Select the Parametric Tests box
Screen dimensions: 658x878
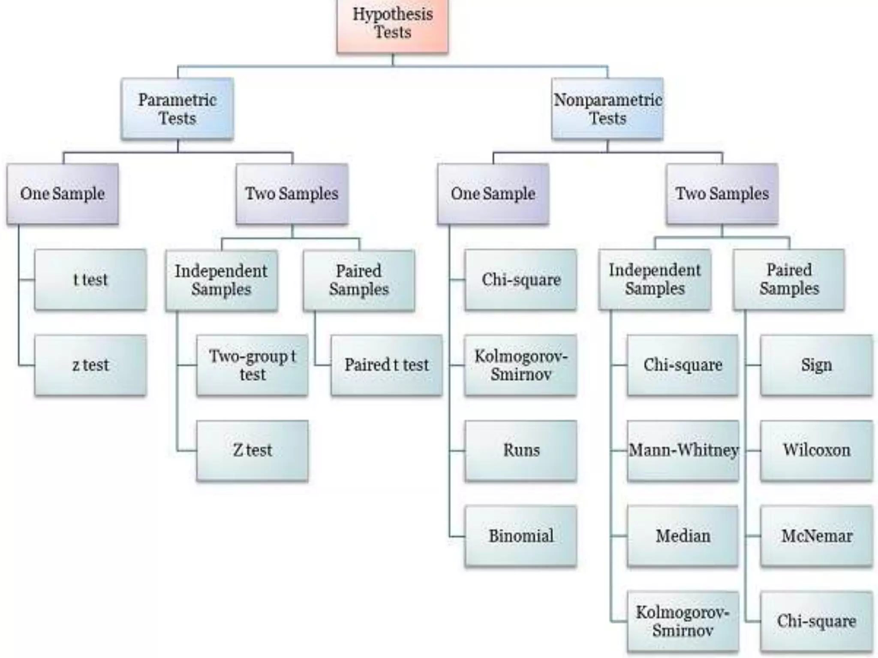tap(177, 109)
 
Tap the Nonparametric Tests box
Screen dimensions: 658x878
tap(607, 109)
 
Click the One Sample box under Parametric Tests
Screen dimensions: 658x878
tap(63, 194)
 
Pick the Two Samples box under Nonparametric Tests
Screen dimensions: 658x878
tap(722, 194)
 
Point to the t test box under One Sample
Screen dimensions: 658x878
tap(90, 280)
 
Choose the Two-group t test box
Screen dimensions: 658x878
tap(252, 365)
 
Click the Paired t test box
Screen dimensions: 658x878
tap(386, 365)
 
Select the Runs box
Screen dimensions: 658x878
tap(521, 450)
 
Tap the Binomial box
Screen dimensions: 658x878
tap(521, 536)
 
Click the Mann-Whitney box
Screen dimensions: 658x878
tap(683, 450)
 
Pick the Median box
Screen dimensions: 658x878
tap(683, 536)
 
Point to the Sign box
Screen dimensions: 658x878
tap(817, 365)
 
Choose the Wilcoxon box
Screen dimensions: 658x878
tap(817, 450)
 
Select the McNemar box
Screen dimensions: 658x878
tap(817, 536)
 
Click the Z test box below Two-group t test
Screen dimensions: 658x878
tap(252, 450)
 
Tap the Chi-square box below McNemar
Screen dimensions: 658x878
tap(817, 621)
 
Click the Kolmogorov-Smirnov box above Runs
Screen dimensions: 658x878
tap(521, 365)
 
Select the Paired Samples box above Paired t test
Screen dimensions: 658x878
tap(359, 280)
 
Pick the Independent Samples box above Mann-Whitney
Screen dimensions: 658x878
tap(655, 279)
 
